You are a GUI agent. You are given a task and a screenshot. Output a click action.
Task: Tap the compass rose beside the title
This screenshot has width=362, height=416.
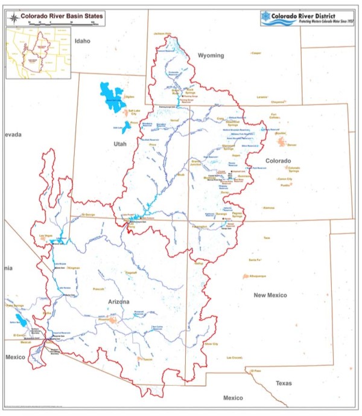coord(13,18)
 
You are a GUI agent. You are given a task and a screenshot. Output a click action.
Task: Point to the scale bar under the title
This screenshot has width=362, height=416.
coord(62,24)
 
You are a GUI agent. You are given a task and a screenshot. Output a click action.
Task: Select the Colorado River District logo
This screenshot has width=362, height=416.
coord(307,19)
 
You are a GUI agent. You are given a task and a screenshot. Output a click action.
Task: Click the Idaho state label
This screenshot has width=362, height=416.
coord(82,41)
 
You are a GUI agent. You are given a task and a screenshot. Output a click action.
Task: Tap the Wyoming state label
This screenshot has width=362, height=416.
coord(211,56)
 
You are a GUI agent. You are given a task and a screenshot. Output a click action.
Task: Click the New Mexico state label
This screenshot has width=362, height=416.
coord(270,295)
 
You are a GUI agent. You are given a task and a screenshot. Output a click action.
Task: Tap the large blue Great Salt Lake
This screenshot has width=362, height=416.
coord(111,95)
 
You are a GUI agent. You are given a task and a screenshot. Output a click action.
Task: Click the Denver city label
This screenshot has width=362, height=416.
coord(293,146)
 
